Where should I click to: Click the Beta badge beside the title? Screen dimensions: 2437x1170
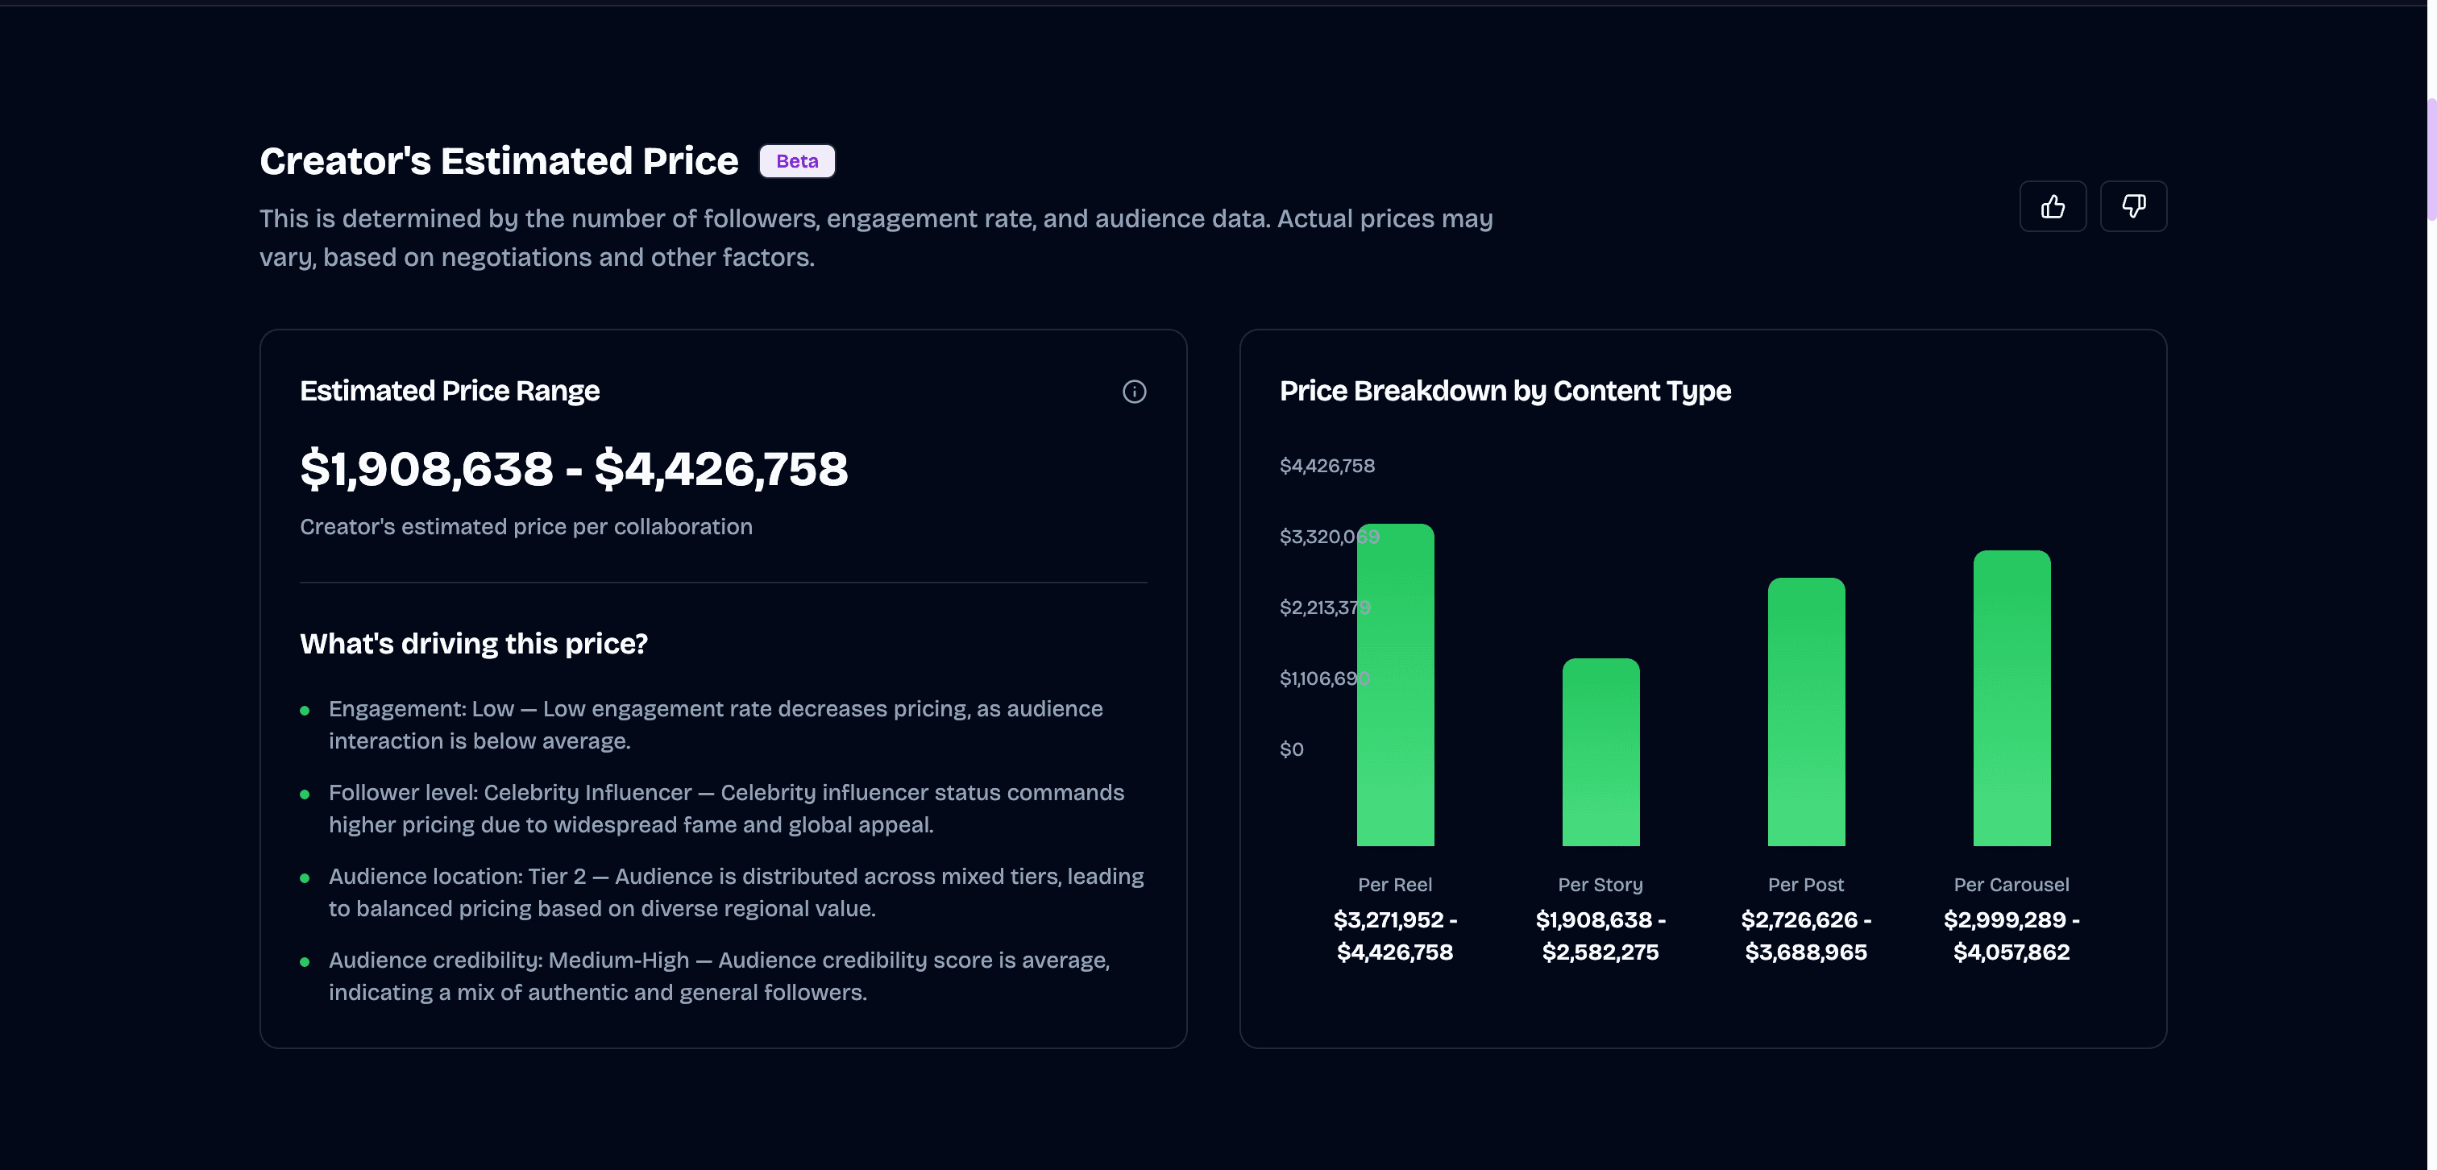click(796, 161)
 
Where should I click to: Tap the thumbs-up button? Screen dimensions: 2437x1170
click(2053, 206)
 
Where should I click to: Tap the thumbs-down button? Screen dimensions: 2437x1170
click(2133, 206)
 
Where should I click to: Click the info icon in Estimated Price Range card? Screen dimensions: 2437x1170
click(1135, 392)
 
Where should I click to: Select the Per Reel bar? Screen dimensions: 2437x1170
click(1396, 685)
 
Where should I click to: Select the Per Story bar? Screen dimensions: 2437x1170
click(1600, 752)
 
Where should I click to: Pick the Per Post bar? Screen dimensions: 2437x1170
click(1806, 712)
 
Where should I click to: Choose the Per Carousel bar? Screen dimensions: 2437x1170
click(2011, 698)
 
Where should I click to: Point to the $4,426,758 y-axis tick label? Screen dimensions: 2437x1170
click(1327, 466)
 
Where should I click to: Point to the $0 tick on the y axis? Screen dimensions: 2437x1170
click(1291, 749)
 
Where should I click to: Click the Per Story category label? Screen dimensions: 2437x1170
click(1600, 885)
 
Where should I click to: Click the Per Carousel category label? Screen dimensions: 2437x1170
click(2011, 885)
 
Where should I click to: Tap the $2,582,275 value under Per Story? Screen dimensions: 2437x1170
click(1600, 952)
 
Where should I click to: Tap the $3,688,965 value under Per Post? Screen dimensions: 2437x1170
click(1806, 952)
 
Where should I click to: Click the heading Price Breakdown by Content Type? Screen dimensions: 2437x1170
click(1505, 391)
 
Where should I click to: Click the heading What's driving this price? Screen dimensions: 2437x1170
click(474, 643)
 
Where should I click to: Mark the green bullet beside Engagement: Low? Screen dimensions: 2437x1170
click(305, 711)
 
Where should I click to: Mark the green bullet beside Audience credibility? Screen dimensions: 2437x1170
click(305, 962)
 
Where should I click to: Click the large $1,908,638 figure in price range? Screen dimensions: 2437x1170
click(426, 469)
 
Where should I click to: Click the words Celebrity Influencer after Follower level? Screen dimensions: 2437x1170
click(587, 793)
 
